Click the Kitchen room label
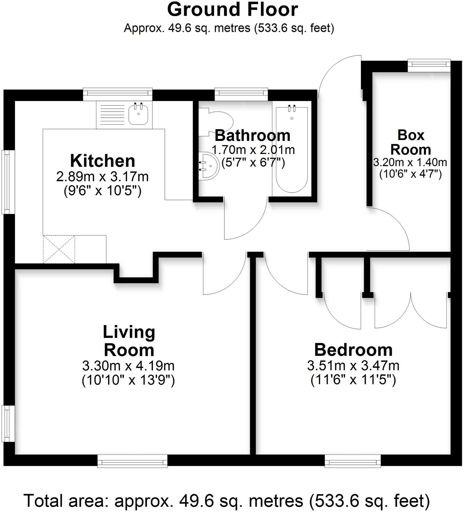(103, 161)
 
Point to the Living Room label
(129, 341)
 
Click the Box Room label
(411, 142)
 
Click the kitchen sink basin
(139, 114)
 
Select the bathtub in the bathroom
(292, 150)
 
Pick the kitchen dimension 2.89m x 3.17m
(102, 177)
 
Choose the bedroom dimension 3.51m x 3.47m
(353, 365)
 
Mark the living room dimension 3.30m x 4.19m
(128, 365)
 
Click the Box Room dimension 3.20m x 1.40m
(410, 162)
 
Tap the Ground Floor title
(232, 9)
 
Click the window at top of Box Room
(429, 65)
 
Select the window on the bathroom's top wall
(241, 94)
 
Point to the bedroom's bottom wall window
(353, 461)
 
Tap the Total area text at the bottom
(227, 500)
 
